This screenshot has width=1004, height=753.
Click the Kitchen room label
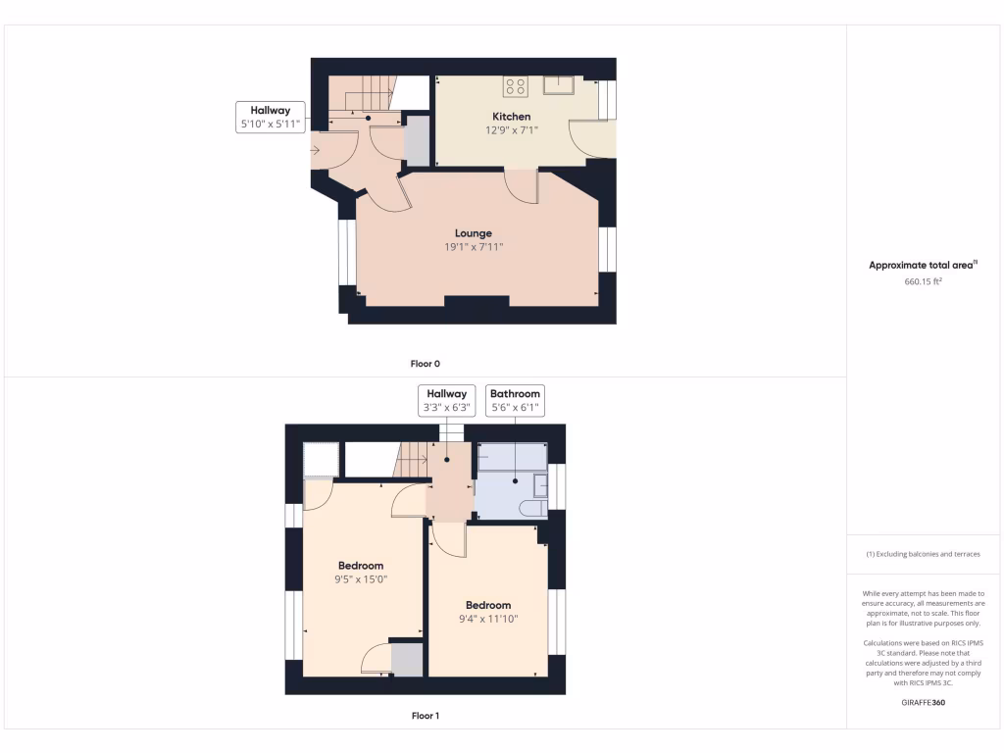click(512, 117)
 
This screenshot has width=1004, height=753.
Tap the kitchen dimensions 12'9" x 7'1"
click(512, 129)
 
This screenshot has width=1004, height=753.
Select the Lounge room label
click(473, 233)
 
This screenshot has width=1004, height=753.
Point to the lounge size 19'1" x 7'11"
click(473, 247)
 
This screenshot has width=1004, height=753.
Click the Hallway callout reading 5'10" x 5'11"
click(270, 118)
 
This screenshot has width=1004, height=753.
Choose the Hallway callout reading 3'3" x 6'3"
click(446, 400)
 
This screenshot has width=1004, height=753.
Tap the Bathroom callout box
click(515, 400)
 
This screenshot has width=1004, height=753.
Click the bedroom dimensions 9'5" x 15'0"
click(360, 578)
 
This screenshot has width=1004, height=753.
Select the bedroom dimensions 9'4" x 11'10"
click(487, 619)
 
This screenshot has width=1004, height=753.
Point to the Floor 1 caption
click(425, 716)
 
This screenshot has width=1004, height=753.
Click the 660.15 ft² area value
click(923, 281)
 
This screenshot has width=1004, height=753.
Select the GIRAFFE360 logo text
click(923, 702)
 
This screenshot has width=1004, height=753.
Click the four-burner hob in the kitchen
click(515, 86)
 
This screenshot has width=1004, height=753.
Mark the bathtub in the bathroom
click(511, 457)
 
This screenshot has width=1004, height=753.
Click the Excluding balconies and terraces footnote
click(923, 554)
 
